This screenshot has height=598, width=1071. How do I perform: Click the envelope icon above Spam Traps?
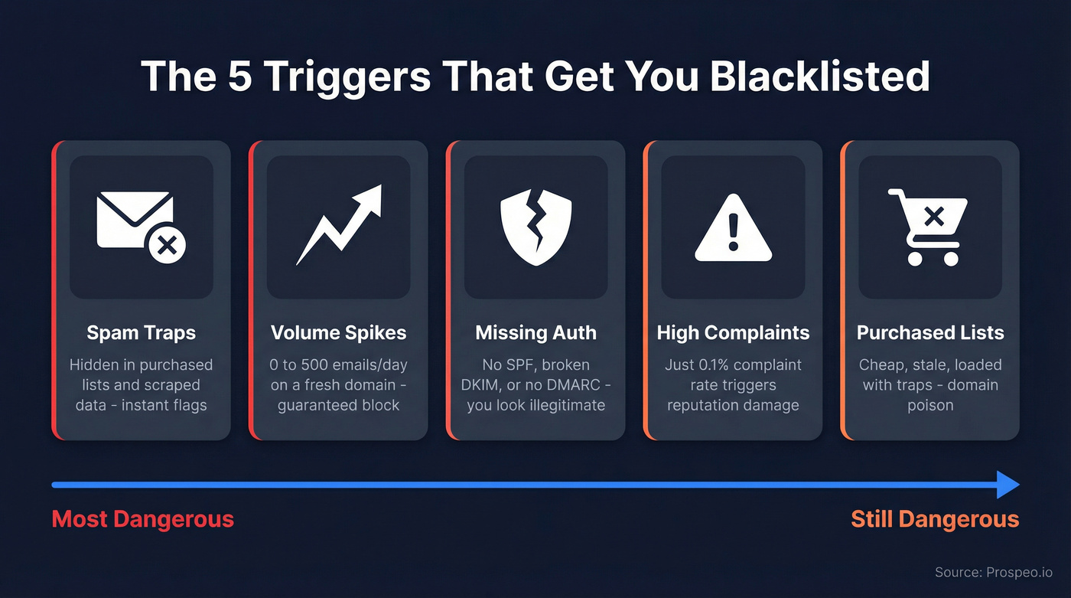click(141, 224)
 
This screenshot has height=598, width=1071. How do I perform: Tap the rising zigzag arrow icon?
click(338, 224)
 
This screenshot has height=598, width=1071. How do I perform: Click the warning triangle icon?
click(733, 227)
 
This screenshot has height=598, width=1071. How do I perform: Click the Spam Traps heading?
click(141, 333)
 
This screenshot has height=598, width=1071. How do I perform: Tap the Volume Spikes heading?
click(338, 333)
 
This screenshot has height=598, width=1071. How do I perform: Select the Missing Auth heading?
click(535, 333)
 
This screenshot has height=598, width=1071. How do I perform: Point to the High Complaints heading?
click(733, 333)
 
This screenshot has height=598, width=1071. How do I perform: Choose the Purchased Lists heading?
click(930, 333)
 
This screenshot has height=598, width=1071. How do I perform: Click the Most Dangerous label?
click(142, 519)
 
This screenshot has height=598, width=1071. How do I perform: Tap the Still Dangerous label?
click(935, 519)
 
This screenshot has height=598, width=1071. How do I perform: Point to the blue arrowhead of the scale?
click(1008, 485)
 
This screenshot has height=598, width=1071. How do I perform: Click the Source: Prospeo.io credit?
click(993, 572)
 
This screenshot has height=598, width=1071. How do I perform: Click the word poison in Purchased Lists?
click(930, 405)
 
